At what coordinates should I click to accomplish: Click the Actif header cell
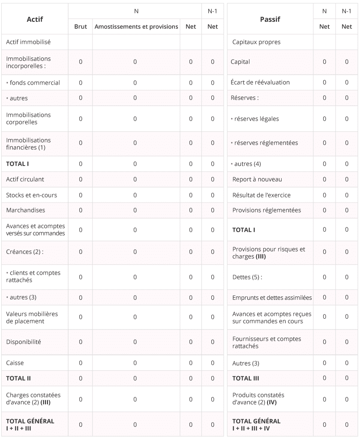[x=35, y=19]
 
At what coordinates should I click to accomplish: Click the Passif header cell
[x=270, y=19]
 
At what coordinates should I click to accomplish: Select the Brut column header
[x=81, y=27]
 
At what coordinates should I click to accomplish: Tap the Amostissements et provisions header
[x=136, y=27]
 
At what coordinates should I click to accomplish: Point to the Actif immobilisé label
[x=28, y=42]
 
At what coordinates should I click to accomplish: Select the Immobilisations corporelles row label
[x=28, y=118]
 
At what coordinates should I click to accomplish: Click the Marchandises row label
[x=26, y=210]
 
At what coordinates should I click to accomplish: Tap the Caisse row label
[x=15, y=363]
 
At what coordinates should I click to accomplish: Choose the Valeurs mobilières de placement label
[x=32, y=317]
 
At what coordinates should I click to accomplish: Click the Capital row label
[x=240, y=62]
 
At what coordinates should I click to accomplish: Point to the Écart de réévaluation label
[x=260, y=82]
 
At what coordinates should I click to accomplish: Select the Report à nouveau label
[x=257, y=179]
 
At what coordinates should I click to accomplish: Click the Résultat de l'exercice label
[x=261, y=195]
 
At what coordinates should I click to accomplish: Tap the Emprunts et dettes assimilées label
[x=272, y=298]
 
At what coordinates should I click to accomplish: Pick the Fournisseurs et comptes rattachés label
[x=267, y=342]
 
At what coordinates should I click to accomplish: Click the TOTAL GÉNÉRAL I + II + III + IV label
[x=256, y=425]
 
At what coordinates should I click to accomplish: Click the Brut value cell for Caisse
[x=81, y=363]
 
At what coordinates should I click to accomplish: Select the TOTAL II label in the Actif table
[x=18, y=378]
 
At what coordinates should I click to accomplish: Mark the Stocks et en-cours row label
[x=32, y=195]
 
